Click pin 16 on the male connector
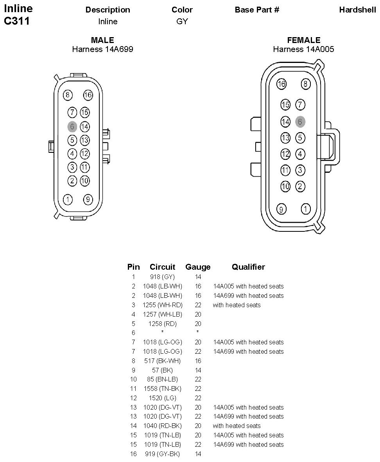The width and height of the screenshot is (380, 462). pyautogui.click(x=88, y=95)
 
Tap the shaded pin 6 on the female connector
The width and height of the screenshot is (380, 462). pyautogui.click(x=300, y=122)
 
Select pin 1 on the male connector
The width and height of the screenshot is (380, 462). pyautogui.click(x=68, y=199)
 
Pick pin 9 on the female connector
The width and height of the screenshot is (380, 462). pyautogui.click(x=281, y=209)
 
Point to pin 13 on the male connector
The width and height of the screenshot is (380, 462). pyautogui.click(x=85, y=140)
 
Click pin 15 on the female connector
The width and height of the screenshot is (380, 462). pyautogui.click(x=286, y=105)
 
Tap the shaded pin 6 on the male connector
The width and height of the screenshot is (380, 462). pyautogui.click(x=72, y=127)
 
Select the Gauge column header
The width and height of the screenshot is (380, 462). pyautogui.click(x=198, y=267)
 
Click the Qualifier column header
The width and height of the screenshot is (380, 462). pyautogui.click(x=248, y=267)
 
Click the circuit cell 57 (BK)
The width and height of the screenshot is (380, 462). pyautogui.click(x=163, y=370)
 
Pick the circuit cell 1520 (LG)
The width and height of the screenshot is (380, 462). pyautogui.click(x=163, y=398)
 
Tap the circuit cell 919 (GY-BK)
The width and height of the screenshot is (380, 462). pyautogui.click(x=163, y=454)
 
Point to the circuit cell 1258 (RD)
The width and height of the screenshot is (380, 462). pyautogui.click(x=163, y=324)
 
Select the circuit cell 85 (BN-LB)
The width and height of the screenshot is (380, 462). pyautogui.click(x=163, y=380)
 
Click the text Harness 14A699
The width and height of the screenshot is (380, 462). pyautogui.click(x=102, y=49)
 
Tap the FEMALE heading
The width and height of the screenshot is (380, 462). pyautogui.click(x=303, y=40)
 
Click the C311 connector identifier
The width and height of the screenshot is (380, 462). pyautogui.click(x=17, y=21)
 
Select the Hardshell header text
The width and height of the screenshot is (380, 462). pyautogui.click(x=357, y=10)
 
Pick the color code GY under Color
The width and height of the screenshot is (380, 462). pyautogui.click(x=182, y=21)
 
